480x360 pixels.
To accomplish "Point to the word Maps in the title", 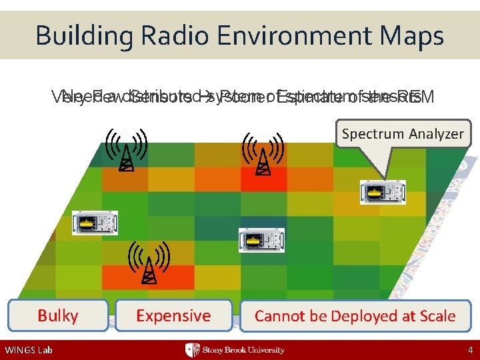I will [414, 35].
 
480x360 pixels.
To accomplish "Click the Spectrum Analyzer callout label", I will [402, 134].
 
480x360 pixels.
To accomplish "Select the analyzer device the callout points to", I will [383, 192].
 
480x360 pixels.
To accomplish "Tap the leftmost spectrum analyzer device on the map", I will [95, 223].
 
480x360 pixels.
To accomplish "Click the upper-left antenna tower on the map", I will [125, 151].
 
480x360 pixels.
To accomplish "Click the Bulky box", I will [58, 316].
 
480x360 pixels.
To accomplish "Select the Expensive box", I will [173, 316].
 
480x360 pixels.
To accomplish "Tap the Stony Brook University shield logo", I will [192, 350].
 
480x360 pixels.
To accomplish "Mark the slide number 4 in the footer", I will [469, 350].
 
